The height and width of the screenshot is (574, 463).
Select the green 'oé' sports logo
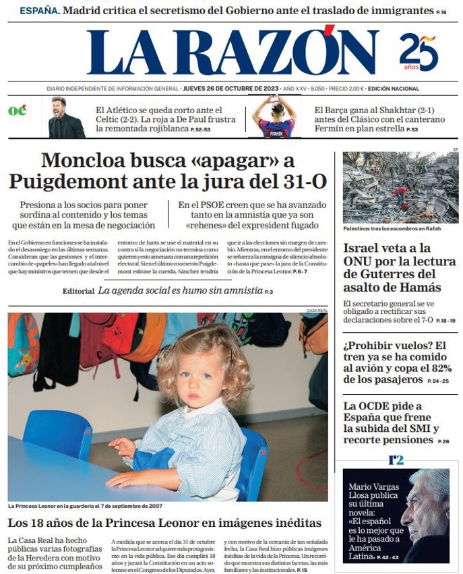pyautogui.click(x=18, y=111)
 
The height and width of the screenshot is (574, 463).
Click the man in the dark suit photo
pyautogui.click(x=66, y=118)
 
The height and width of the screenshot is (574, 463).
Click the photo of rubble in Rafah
pyautogui.click(x=400, y=187)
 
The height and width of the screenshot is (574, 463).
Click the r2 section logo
pyautogui.click(x=396, y=460)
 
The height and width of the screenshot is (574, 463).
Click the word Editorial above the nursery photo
pyautogui.click(x=78, y=291)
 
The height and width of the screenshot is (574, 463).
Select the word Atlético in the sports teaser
pyautogui.click(x=139, y=110)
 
